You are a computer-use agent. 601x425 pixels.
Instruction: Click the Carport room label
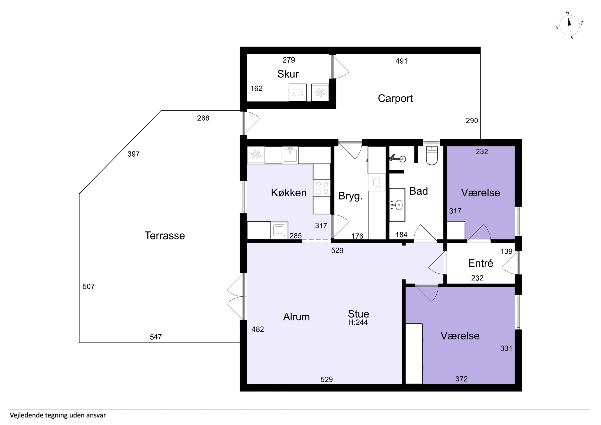click(395, 98)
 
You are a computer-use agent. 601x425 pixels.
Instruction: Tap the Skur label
click(288, 74)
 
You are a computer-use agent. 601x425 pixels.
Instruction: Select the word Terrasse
click(165, 236)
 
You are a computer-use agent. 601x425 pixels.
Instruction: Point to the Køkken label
click(289, 193)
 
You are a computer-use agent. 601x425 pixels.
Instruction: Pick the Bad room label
click(419, 191)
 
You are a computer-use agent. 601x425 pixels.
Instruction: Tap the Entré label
click(481, 263)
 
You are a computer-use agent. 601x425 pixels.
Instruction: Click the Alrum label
click(296, 317)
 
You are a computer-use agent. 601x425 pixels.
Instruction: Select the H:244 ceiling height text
click(358, 322)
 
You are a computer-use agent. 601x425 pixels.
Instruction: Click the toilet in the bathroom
click(432, 156)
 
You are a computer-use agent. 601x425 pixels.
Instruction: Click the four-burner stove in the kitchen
click(322, 188)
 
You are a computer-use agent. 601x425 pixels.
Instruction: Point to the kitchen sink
click(290, 155)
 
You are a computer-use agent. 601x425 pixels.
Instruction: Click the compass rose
click(570, 25)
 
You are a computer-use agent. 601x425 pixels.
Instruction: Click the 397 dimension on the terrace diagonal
click(134, 154)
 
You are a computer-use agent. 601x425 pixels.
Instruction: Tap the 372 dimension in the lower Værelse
click(462, 379)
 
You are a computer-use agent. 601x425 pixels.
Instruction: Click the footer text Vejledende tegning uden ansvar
click(58, 415)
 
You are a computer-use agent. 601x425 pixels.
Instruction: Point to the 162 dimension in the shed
click(257, 88)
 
